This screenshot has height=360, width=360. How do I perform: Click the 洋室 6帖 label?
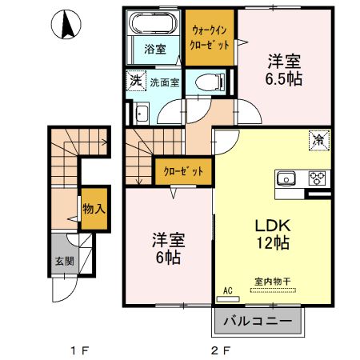coord(169,247)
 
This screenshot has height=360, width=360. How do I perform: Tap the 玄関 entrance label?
coord(63,261)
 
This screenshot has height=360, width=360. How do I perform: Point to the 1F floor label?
coord(78,350)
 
